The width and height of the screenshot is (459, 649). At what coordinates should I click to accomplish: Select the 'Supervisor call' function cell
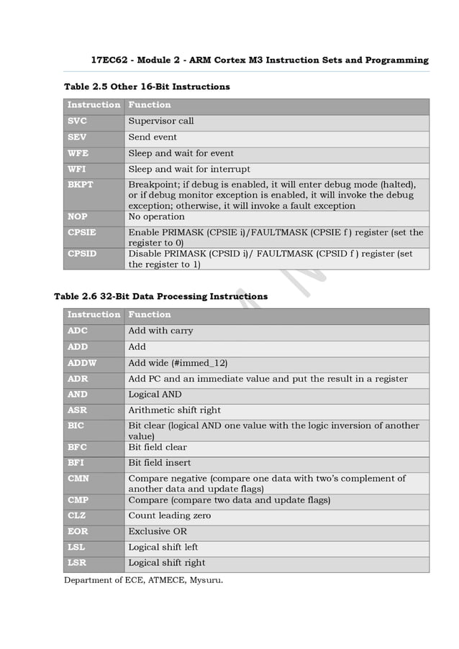tap(161, 121)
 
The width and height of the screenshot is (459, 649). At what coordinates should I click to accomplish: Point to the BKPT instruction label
tap(81, 185)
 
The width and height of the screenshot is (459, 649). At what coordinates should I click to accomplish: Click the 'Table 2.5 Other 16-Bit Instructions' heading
tap(147, 87)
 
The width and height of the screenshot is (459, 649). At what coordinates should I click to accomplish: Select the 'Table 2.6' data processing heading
tap(161, 296)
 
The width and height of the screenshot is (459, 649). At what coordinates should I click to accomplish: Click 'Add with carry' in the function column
tap(160, 331)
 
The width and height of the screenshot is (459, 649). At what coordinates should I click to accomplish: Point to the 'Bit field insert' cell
tap(160, 463)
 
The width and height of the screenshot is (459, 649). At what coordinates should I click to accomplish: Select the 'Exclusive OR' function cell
tap(158, 532)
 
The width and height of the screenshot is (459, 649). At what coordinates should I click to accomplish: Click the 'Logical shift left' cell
tap(163, 548)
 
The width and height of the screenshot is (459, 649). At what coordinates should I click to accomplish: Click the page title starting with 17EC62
tap(260, 60)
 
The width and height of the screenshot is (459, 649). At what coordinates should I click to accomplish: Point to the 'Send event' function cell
tap(153, 137)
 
